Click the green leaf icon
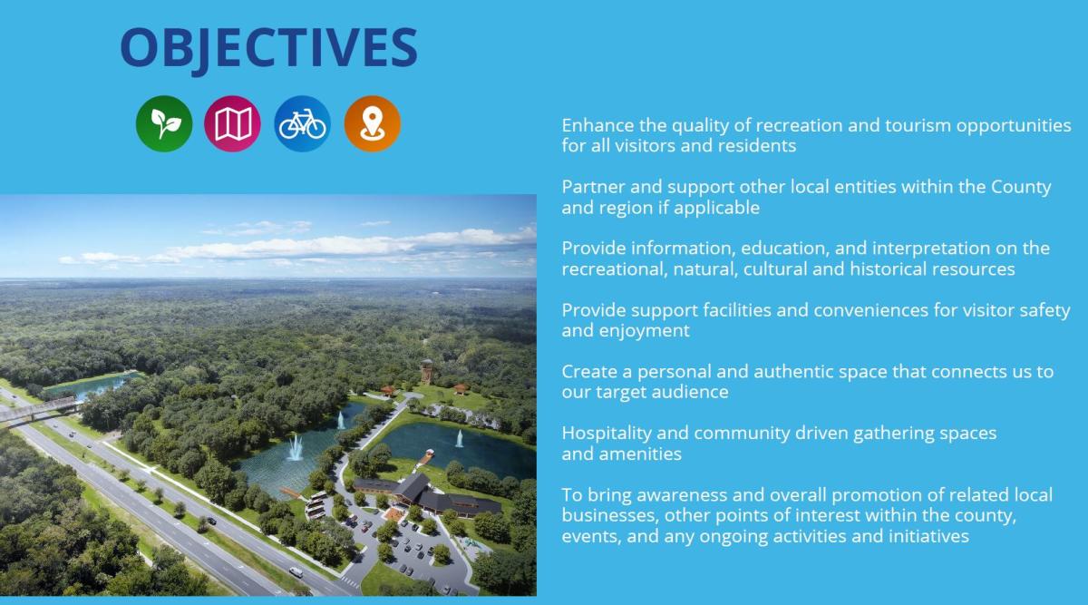point(164,123)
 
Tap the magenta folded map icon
point(232,123)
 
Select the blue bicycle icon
point(302,123)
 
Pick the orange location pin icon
point(372,123)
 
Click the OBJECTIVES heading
point(268,48)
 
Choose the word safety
point(1043,310)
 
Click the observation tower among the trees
point(426,370)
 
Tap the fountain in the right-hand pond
point(459,439)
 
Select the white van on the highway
point(296,572)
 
